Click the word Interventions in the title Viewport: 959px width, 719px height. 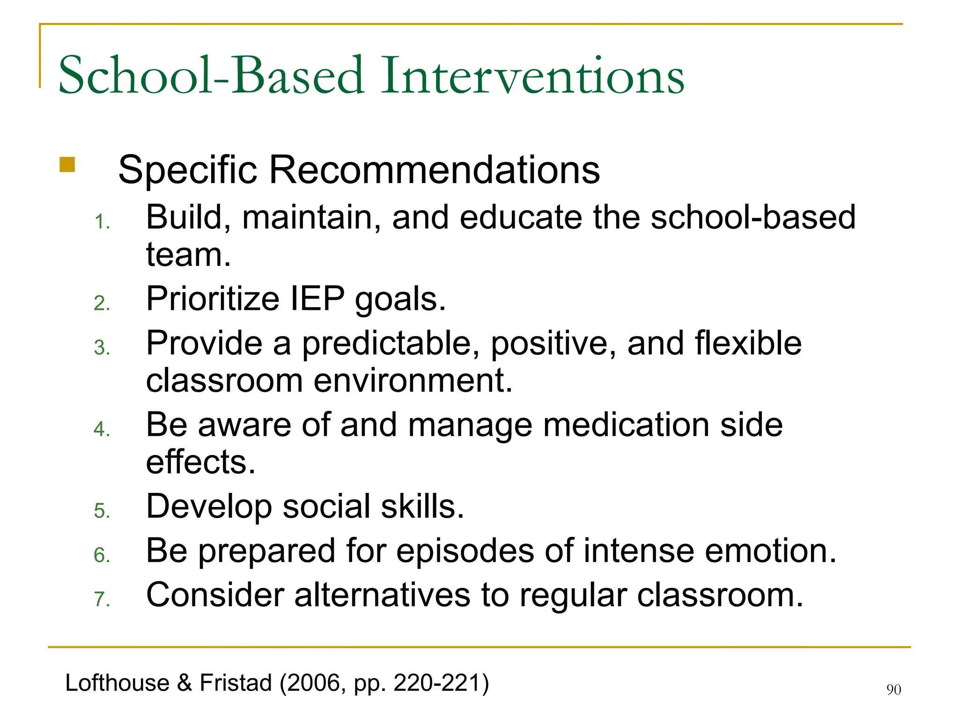pos(533,76)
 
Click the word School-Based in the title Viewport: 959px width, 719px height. pos(211,76)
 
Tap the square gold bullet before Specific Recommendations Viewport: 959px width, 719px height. pos(67,165)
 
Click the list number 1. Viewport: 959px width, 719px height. pos(102,222)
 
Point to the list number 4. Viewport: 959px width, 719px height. pos(102,429)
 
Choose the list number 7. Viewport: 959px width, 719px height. pos(102,599)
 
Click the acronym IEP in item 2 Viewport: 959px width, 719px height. pos(317,299)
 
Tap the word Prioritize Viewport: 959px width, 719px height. pos(213,299)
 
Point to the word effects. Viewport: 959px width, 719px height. pos(200,462)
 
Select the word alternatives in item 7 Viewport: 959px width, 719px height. pos(382,595)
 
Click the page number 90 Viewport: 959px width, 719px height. pos(893,690)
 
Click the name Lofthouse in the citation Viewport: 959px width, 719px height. pos(117,683)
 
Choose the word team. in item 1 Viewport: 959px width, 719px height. pos(188,256)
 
